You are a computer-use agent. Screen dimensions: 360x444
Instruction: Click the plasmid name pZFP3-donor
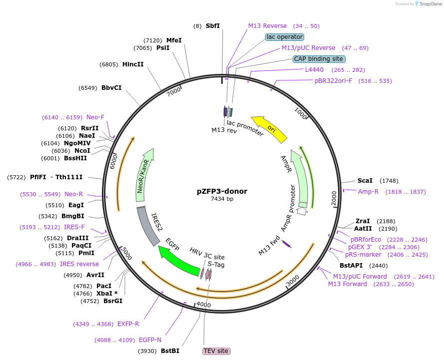click(222, 191)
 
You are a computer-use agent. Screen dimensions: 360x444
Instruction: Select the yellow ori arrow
click(270, 129)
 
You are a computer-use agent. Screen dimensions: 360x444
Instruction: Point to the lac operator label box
click(285, 37)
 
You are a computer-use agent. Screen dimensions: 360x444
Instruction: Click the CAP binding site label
click(319, 59)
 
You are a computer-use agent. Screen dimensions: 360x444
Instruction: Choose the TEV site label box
click(216, 351)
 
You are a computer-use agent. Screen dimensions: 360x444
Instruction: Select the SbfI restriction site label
click(213, 25)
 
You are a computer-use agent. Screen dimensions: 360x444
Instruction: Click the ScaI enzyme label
click(365, 180)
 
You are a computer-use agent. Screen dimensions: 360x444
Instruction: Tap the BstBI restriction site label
click(170, 351)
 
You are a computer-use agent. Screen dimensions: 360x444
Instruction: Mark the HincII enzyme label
click(133, 64)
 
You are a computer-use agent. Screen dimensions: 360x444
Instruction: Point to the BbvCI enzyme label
click(111, 88)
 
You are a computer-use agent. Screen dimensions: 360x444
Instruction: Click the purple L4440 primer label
click(314, 70)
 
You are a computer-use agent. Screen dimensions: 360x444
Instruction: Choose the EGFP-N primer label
click(150, 340)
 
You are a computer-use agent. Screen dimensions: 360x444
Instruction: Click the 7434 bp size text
click(222, 199)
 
